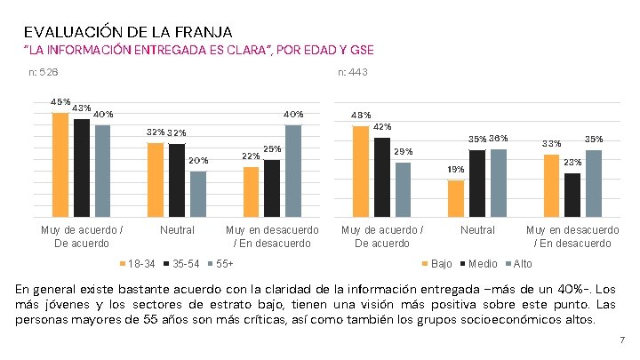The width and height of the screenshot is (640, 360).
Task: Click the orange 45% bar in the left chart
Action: click(x=60, y=164)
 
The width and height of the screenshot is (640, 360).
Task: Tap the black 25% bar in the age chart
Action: click(x=272, y=188)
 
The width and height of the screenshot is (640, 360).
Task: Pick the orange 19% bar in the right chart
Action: click(x=456, y=198)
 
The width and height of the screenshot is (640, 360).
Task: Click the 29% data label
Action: click(x=404, y=152)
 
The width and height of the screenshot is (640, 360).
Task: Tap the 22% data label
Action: click(x=251, y=156)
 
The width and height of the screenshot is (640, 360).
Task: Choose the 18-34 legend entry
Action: click(x=138, y=264)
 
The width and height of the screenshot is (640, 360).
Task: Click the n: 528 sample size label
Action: click(x=44, y=71)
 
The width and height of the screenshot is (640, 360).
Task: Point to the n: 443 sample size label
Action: click(x=352, y=71)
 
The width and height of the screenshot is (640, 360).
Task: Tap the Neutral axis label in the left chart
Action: click(x=176, y=230)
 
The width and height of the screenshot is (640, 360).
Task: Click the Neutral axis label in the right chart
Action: click(x=477, y=230)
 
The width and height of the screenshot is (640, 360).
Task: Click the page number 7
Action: click(x=621, y=340)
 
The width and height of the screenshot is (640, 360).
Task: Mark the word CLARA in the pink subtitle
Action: click(x=248, y=49)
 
